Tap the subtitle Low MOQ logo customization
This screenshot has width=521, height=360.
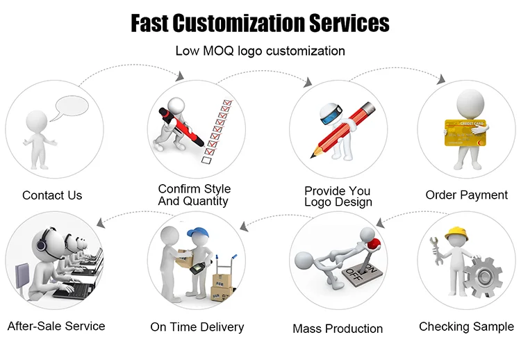[260, 51]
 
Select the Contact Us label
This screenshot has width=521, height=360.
[52, 195]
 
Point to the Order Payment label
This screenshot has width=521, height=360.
[466, 195]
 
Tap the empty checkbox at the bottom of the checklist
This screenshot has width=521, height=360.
[206, 160]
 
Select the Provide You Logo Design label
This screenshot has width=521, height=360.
[338, 196]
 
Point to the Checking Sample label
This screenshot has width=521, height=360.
[466, 326]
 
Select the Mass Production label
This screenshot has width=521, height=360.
[338, 328]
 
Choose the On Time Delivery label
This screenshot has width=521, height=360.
[197, 326]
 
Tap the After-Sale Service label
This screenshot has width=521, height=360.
[56, 325]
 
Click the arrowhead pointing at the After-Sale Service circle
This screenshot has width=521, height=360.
[101, 223]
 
